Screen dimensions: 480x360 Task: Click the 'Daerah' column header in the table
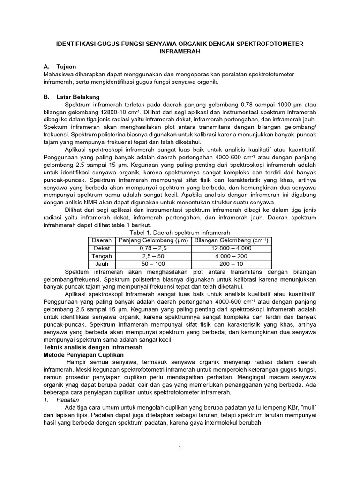tap(102, 240)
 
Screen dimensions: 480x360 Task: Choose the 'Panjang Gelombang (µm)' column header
tap(153, 240)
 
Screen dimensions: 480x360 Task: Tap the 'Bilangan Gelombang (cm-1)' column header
tap(231, 240)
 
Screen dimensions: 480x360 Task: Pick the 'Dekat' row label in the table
tap(102, 248)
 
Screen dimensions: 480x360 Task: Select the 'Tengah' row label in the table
tap(102, 256)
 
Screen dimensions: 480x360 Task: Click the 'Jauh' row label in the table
tap(102, 264)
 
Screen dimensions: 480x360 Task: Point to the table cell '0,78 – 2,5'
tap(153, 248)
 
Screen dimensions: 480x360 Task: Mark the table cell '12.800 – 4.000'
tap(231, 248)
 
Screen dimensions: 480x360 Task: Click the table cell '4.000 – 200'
tap(231, 256)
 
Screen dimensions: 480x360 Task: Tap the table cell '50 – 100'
tap(153, 264)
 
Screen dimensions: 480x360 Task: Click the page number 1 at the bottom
tap(180, 449)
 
